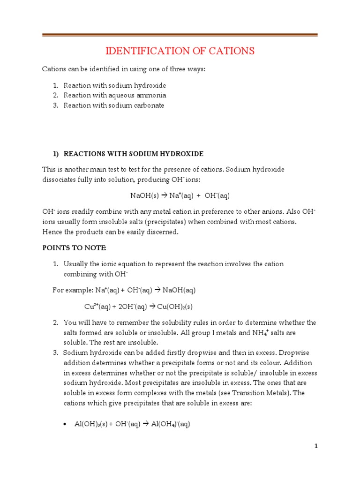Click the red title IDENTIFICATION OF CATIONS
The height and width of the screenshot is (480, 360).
[x=180, y=51]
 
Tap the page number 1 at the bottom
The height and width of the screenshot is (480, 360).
[x=316, y=446]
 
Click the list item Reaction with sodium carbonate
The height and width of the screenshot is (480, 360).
[x=114, y=105]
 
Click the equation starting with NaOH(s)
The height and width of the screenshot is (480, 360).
[x=180, y=195]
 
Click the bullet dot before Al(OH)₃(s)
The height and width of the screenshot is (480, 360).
[x=64, y=424]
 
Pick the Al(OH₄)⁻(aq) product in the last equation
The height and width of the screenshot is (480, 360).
[x=170, y=424]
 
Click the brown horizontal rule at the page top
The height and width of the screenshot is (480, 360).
[x=180, y=35]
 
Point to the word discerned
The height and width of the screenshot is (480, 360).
[x=163, y=232]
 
